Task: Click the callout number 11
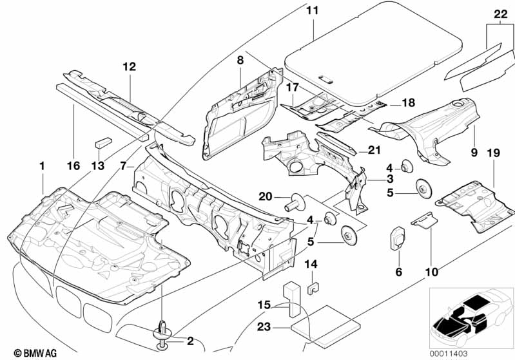(x=312, y=11)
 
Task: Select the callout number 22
(x=500, y=14)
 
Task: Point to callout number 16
(x=73, y=166)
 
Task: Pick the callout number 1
(x=42, y=166)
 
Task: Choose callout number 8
(x=240, y=60)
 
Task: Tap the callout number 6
(x=398, y=272)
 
